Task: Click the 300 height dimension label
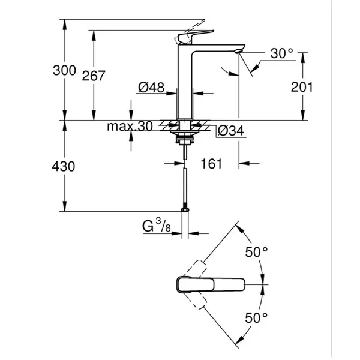[64, 70]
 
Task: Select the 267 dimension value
[94, 76]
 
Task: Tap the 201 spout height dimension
[302, 87]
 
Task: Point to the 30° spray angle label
[282, 53]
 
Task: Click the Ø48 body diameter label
[151, 87]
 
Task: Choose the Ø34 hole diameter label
[231, 131]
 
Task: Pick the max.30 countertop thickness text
[130, 126]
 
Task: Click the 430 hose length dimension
[64, 166]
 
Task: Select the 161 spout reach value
[211, 164]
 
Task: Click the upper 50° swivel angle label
[256, 252]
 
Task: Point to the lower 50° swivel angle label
[256, 318]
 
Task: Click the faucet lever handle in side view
[196, 37]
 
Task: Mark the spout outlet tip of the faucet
[238, 52]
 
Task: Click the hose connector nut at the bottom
[185, 209]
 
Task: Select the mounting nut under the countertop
[184, 140]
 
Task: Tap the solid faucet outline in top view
[211, 284]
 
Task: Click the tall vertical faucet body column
[184, 83]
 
